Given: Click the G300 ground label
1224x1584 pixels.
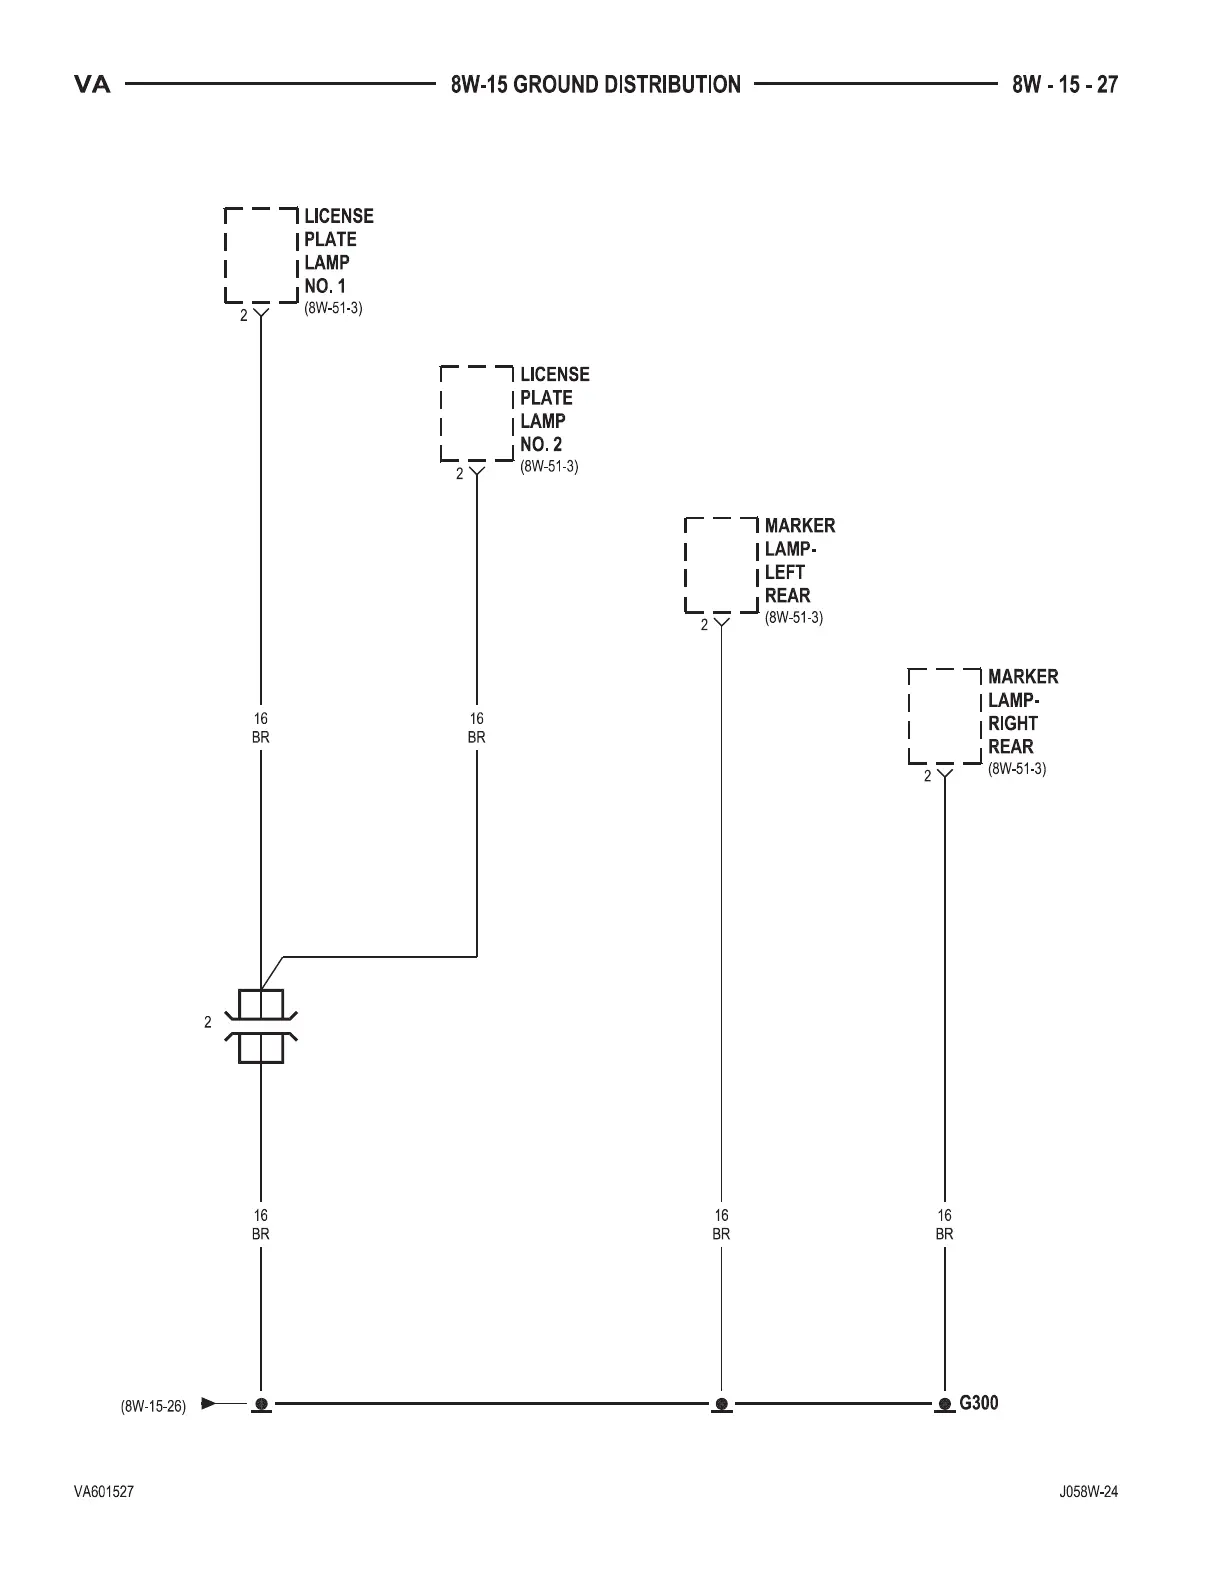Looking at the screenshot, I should (978, 1403).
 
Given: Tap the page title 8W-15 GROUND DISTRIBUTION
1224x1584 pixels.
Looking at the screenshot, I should (596, 85).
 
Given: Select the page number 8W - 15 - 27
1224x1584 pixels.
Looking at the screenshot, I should (1064, 85).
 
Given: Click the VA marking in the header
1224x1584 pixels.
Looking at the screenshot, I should (92, 85).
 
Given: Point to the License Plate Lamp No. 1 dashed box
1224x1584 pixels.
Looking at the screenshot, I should (261, 255).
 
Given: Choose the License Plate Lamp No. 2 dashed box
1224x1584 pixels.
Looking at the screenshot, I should (477, 413).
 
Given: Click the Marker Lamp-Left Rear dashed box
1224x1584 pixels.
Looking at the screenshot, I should (721, 564).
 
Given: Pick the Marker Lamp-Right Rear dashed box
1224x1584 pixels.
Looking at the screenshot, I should (945, 716).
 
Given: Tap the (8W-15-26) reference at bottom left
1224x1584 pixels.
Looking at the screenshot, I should (153, 1406).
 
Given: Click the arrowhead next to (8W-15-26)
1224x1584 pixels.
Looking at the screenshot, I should (208, 1403).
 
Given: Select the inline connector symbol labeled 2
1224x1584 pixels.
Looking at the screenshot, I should (261, 1026).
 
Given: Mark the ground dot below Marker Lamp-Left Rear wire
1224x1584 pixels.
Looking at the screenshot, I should (722, 1404).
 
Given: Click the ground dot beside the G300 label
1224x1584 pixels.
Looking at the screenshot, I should (945, 1404).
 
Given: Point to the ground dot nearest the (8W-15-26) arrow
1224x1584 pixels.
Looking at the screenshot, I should (261, 1404).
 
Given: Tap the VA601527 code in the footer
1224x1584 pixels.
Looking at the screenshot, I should (104, 1492).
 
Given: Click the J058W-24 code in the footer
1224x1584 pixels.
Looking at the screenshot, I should (1088, 1492).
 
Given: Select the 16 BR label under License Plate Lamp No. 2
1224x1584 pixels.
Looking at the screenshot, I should (477, 728).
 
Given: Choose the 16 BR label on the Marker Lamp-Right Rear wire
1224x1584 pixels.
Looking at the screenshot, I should (945, 1225).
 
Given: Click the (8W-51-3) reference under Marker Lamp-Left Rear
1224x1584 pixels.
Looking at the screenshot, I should (794, 618).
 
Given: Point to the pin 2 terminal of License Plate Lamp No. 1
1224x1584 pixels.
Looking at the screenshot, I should (261, 313).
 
